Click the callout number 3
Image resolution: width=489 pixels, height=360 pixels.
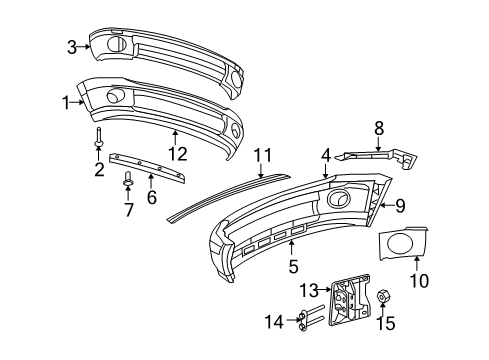(72, 45)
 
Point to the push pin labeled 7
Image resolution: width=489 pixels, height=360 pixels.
(128, 180)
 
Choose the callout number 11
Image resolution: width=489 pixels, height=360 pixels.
(262, 153)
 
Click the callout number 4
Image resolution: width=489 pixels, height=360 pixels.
(325, 155)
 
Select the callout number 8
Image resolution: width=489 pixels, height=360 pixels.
(378, 128)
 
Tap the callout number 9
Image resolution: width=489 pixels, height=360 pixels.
(400, 206)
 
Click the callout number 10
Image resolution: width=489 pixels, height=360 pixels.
(418, 281)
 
